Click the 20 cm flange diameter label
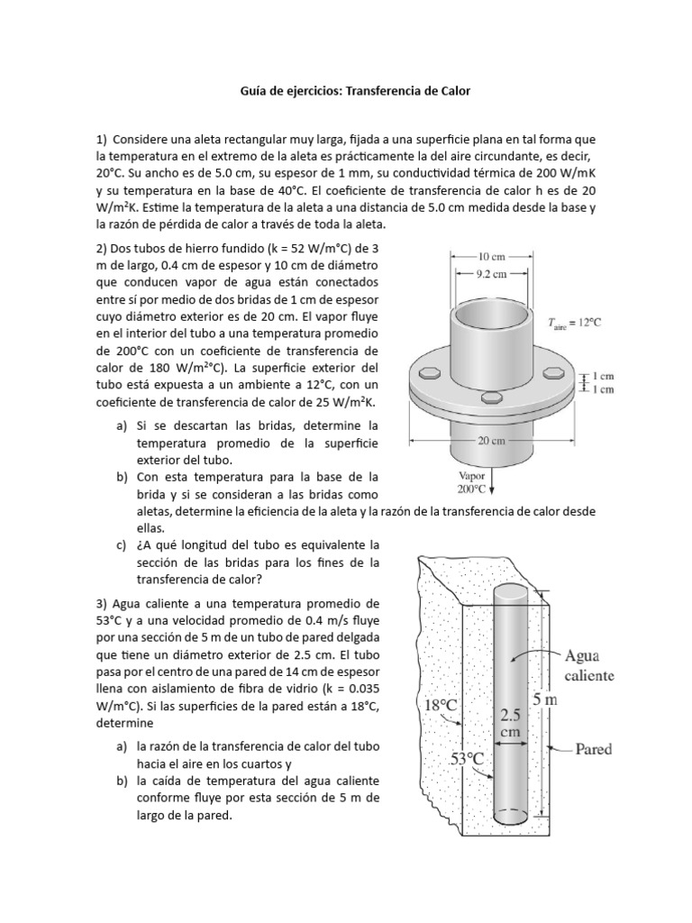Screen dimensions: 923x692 (x=491, y=441)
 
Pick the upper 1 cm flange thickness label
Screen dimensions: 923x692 (x=601, y=376)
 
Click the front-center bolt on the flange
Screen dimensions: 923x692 (x=491, y=398)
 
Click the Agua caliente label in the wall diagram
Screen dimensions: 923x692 (x=589, y=665)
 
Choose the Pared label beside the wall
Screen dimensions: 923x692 (x=593, y=748)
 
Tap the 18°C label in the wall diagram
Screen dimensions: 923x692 (x=439, y=706)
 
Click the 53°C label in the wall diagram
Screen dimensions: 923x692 (x=468, y=759)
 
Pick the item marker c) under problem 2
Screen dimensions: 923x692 (x=121, y=545)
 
